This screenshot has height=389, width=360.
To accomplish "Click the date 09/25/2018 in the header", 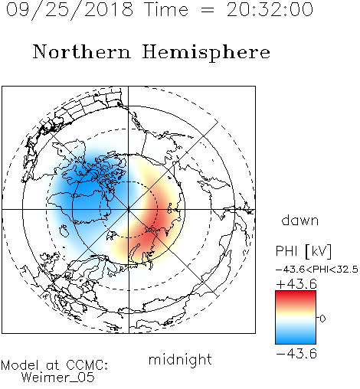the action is click(70, 10).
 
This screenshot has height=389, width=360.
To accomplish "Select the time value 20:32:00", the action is click(270, 10).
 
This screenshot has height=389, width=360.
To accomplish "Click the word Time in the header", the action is click(166, 10).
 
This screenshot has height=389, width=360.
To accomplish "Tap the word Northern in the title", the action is click(82, 52).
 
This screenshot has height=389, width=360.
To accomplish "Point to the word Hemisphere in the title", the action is click(206, 53).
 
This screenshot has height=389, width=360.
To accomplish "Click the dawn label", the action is click(300, 221).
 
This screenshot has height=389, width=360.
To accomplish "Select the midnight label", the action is click(180, 359).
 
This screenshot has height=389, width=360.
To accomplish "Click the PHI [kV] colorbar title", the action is click(304, 251).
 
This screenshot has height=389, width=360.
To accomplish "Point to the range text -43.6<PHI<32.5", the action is click(317, 270).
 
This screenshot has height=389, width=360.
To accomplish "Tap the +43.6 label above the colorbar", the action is click(296, 284).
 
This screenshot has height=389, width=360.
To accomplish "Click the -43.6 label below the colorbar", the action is click(296, 354).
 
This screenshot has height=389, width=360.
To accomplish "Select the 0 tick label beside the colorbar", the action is click(322, 319).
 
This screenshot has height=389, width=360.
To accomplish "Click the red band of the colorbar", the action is click(296, 297).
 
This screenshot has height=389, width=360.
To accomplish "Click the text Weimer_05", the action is click(58, 378).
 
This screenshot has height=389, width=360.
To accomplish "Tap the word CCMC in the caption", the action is click(87, 365).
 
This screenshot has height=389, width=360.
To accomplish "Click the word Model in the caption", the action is click(20, 365).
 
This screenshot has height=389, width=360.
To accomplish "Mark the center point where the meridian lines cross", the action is click(129, 210).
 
